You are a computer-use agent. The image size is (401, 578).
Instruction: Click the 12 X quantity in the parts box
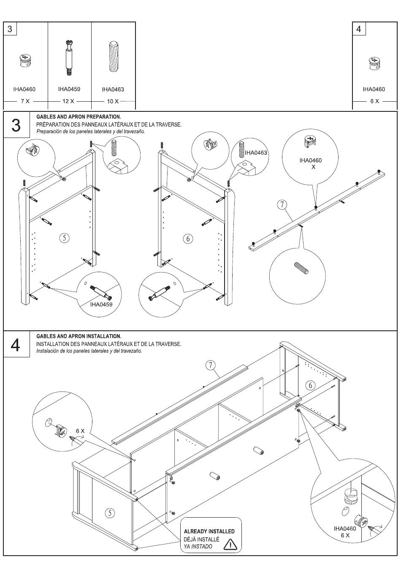68,101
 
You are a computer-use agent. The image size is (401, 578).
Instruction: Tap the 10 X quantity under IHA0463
113,101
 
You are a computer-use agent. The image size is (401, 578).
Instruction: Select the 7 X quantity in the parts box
25,101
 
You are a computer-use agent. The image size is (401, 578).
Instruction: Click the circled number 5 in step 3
64,238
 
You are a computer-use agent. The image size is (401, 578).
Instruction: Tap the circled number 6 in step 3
188,238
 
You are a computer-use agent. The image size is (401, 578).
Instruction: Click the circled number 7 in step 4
211,365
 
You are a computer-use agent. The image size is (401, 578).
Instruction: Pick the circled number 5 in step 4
110,513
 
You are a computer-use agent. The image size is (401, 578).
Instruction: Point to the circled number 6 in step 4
311,385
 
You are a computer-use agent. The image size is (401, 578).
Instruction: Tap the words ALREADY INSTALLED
209,531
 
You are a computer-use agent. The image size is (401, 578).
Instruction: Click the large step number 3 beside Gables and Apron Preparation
16,125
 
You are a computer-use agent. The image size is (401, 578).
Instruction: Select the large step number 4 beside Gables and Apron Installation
16,345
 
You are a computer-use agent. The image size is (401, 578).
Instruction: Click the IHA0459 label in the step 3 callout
101,304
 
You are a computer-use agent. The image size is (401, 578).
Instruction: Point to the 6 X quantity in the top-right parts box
374,101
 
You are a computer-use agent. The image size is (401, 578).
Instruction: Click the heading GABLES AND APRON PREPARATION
79,116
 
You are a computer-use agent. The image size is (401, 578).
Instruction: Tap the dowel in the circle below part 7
301,268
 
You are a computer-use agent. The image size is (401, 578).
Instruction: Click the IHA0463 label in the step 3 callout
256,153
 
